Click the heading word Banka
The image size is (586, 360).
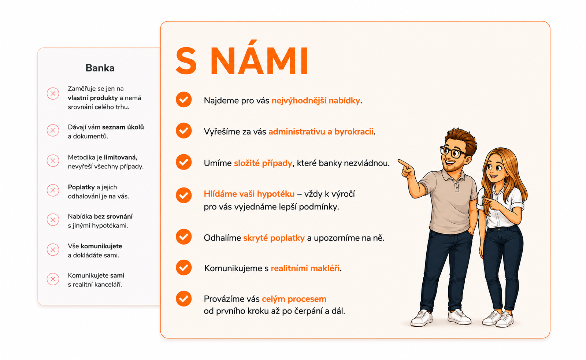(100, 68)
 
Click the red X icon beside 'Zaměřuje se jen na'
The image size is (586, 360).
(53, 93)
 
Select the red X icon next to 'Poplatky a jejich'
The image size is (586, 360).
(53, 190)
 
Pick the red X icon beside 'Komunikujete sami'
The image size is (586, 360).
(53, 279)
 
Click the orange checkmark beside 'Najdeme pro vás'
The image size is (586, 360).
(183, 99)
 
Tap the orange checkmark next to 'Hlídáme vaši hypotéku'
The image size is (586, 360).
(183, 195)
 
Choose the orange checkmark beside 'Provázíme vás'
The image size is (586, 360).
(183, 298)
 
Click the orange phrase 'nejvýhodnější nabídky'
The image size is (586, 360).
(316, 101)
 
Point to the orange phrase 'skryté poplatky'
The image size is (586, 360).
(274, 238)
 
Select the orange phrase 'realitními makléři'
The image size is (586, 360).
(305, 268)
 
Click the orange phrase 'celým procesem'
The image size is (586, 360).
(294, 299)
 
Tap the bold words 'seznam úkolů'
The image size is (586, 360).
(123, 127)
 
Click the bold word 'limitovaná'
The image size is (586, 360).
(120, 157)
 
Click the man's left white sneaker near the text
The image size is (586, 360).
(422, 318)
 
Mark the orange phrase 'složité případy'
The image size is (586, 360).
(263, 163)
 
